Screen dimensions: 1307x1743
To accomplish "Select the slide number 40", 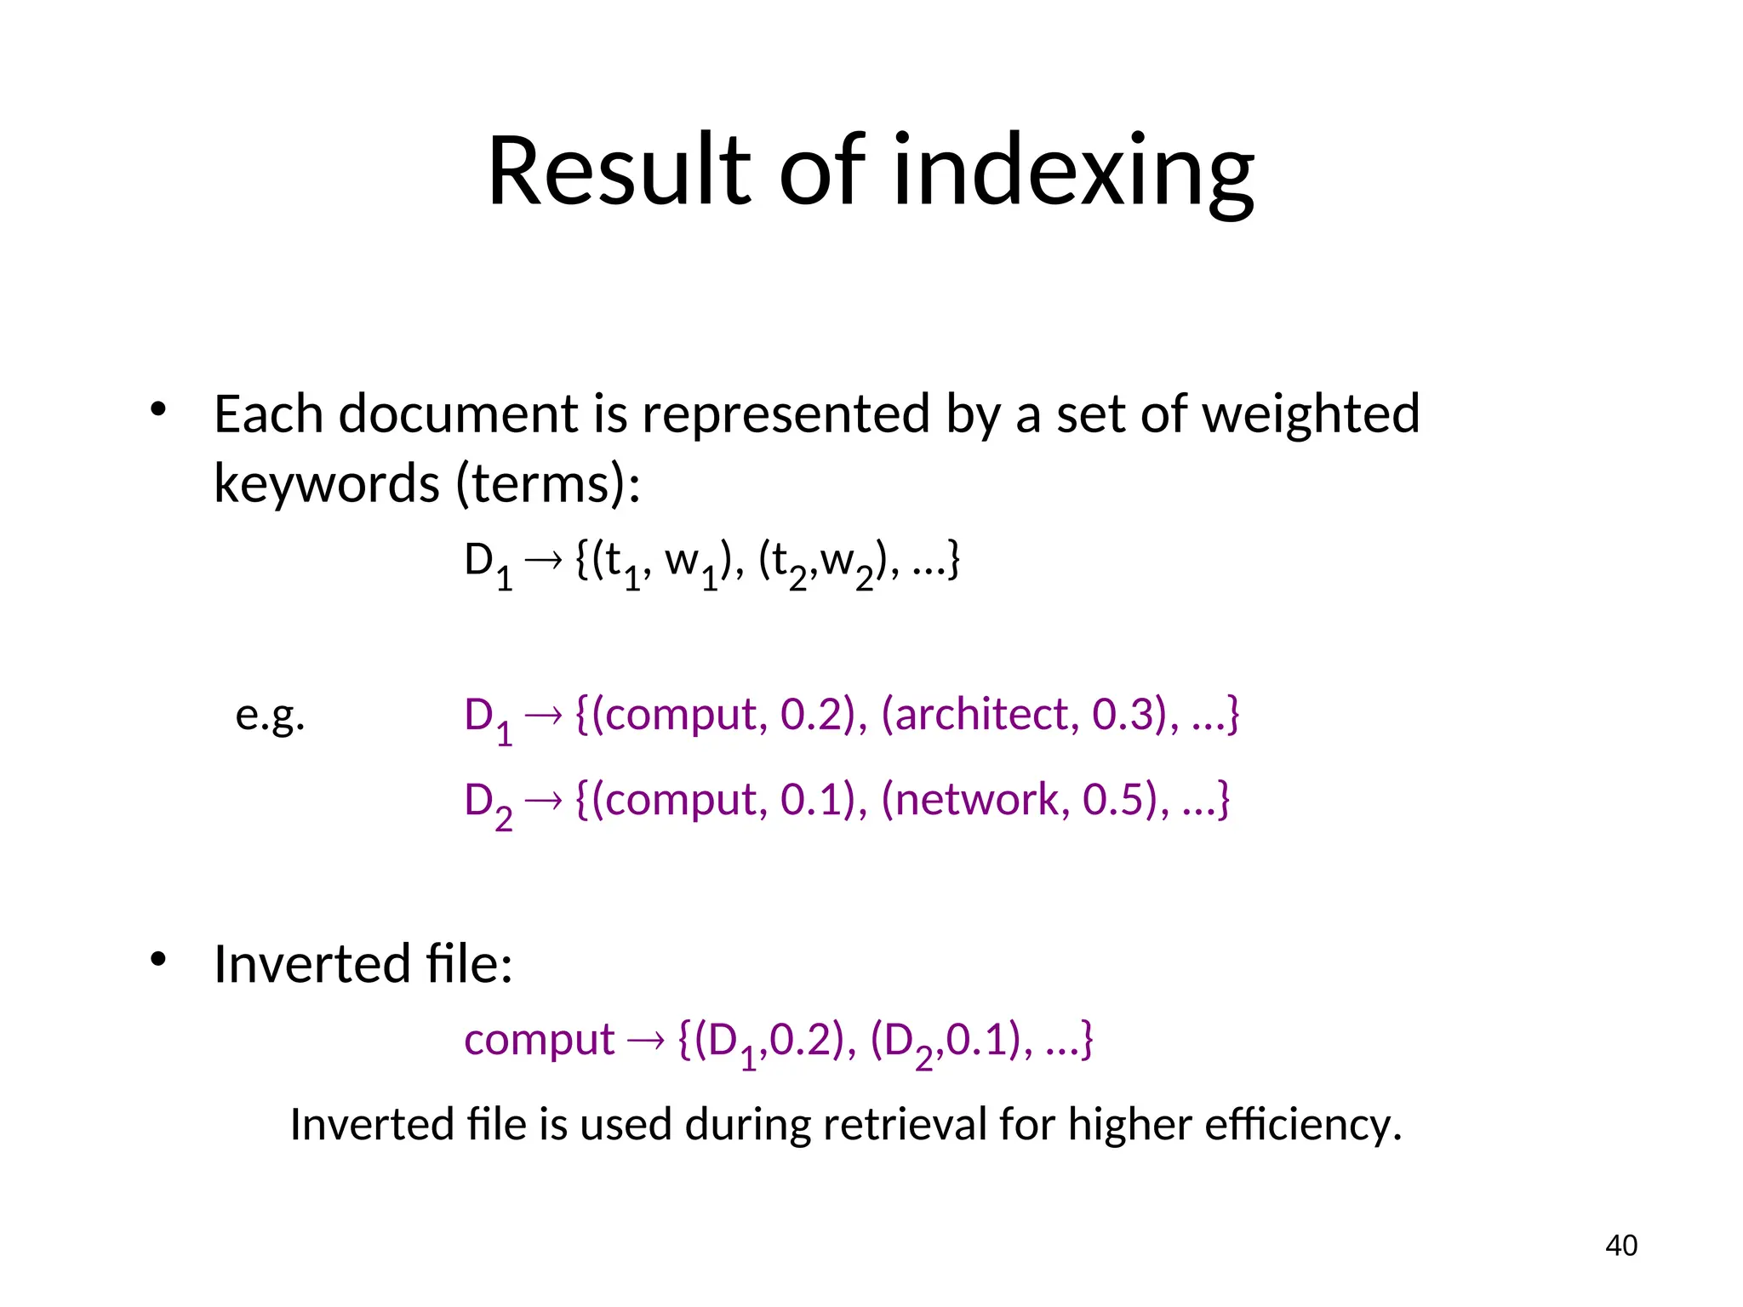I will pyautogui.click(x=1620, y=1246).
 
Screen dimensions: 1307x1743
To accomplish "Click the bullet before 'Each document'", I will pyautogui.click(x=157, y=410).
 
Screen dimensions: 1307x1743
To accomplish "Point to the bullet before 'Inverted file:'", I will pyautogui.click(x=157, y=960).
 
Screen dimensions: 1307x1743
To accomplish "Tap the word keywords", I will pyautogui.click(x=326, y=483).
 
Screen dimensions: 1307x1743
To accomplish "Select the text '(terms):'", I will pyautogui.click(x=548, y=483).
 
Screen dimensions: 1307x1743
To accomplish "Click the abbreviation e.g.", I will pyautogui.click(x=270, y=715).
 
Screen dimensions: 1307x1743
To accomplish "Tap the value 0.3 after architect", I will pyautogui.click(x=1122, y=715).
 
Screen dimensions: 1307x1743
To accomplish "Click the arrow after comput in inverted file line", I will pyautogui.click(x=645, y=1040).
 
